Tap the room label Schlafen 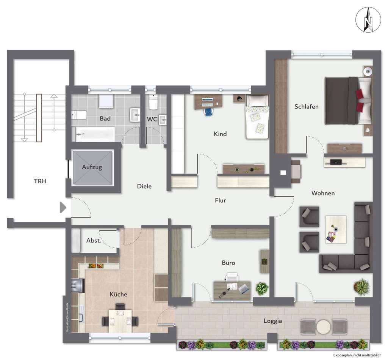tap(307, 107)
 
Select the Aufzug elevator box tap(92, 167)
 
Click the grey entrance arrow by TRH tap(63, 207)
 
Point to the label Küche tap(118, 294)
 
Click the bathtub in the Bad tap(95, 134)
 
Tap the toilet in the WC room tap(153, 102)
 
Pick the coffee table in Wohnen tap(336, 229)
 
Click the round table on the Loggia tap(324, 326)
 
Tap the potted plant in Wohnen tap(362, 287)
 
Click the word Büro tap(228, 263)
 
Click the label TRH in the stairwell tap(40, 181)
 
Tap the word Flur tap(220, 200)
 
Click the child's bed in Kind tap(257, 118)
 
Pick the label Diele tap(144, 186)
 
